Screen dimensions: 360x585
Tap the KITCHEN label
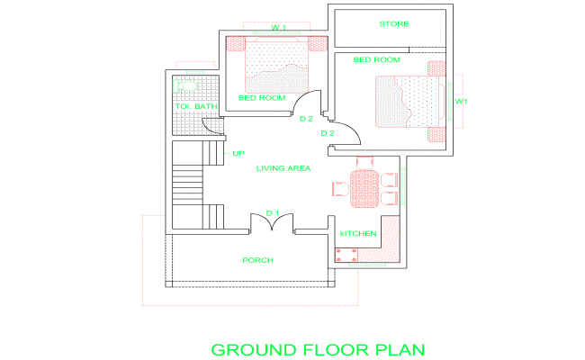(x=357, y=234)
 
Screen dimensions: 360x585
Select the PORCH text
(x=257, y=260)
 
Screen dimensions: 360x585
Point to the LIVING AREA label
(x=283, y=168)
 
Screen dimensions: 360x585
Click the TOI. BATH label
(x=195, y=107)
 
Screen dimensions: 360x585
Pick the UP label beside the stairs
(x=238, y=153)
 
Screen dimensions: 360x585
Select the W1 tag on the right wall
(x=461, y=102)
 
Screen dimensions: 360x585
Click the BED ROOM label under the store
(x=375, y=59)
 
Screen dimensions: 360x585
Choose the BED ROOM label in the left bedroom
(x=262, y=97)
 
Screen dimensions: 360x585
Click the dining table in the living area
(x=364, y=187)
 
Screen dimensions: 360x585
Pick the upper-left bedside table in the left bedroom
(x=236, y=43)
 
